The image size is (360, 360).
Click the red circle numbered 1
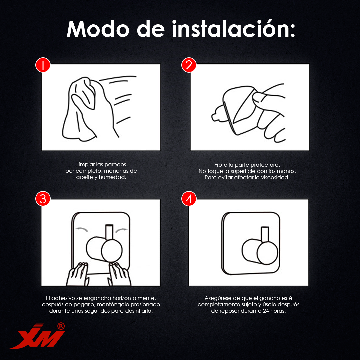(43, 65)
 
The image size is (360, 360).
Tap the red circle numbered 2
(189, 65)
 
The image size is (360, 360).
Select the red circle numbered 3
(43, 199)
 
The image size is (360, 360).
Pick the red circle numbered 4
(189, 199)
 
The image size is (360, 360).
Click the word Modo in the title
(98, 29)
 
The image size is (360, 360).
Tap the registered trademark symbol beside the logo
(61, 326)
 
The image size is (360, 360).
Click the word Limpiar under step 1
(85, 164)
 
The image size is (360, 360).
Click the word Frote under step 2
(220, 165)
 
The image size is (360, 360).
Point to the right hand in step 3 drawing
(119, 274)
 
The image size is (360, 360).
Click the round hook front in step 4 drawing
(267, 253)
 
